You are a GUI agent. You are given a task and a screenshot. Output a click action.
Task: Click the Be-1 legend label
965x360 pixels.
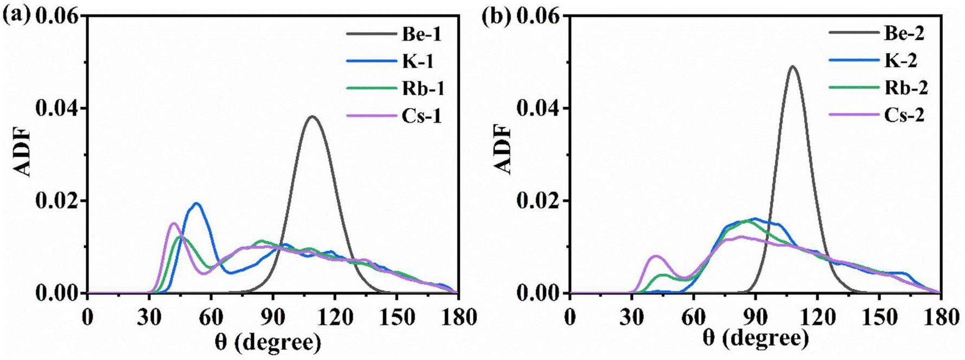click(422, 35)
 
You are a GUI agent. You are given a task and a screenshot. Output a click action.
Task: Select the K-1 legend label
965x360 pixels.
click(418, 61)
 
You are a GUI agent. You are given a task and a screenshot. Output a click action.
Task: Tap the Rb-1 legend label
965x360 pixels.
click(423, 88)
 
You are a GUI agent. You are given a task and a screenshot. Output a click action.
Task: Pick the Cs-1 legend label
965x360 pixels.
click(422, 115)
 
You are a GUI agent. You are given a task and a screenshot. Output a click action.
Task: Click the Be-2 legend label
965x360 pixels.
click(904, 34)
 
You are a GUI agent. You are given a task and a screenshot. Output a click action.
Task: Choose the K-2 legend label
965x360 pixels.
click(901, 61)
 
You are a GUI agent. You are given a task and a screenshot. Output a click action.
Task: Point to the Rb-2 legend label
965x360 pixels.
click(906, 88)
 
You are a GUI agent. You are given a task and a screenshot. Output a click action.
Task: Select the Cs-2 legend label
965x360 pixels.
click(904, 115)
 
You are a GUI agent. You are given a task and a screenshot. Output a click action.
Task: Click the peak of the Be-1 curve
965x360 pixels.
click(312, 116)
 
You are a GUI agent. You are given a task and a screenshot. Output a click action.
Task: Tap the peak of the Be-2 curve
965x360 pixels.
click(793, 67)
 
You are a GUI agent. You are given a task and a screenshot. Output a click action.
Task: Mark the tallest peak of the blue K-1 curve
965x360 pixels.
click(197, 204)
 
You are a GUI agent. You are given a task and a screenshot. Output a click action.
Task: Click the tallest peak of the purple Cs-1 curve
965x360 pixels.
click(173, 223)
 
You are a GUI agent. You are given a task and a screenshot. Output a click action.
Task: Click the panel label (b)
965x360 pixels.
click(496, 16)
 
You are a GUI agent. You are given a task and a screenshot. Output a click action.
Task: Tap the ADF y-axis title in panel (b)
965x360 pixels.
click(503, 150)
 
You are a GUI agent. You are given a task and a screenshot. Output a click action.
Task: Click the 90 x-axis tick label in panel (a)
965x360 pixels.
click(273, 318)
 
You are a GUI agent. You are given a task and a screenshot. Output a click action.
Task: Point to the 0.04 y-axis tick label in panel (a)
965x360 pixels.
click(57, 108)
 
